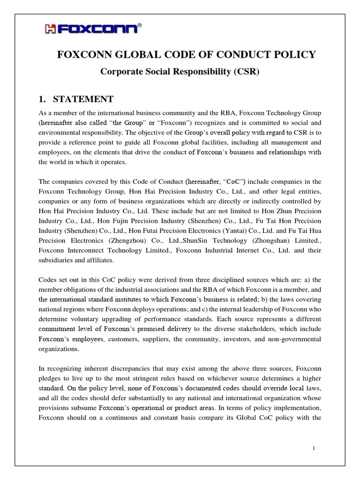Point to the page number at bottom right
[314, 449]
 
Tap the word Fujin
[126, 220]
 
